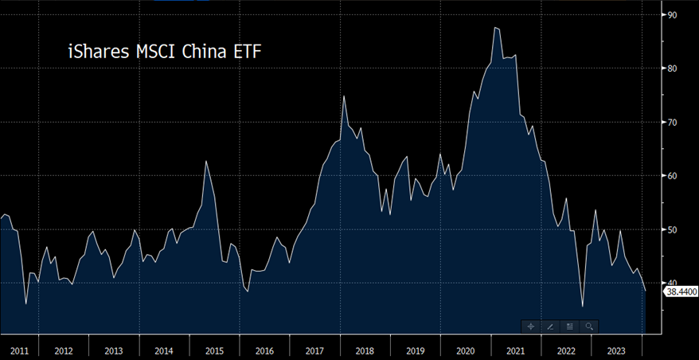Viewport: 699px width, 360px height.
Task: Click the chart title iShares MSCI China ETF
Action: coord(163,53)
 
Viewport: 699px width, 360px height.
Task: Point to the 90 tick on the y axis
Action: coord(672,14)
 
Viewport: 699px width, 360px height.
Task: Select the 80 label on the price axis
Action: coord(672,68)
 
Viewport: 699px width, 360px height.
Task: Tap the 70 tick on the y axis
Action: coord(672,122)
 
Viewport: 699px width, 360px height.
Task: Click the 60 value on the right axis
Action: coord(672,176)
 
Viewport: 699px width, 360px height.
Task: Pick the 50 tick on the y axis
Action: coord(672,229)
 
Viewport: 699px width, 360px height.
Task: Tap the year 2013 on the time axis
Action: coord(114,350)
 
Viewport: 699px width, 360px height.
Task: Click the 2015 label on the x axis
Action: coord(214,350)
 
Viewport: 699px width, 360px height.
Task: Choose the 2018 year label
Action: coord(365,350)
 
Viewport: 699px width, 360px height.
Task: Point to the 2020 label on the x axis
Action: coord(465,350)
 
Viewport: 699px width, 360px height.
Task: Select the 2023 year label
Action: coord(615,350)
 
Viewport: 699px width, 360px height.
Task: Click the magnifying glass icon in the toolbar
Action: coord(589,327)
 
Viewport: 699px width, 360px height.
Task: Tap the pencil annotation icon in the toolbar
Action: coord(550,327)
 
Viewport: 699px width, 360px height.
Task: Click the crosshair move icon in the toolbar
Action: coord(531,327)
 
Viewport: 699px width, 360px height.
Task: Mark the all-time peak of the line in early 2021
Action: coord(495,28)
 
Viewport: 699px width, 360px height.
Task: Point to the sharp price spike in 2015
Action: coord(206,162)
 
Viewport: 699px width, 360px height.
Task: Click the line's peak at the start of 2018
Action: coord(344,96)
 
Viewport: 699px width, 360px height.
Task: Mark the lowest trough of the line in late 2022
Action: coord(583,306)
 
